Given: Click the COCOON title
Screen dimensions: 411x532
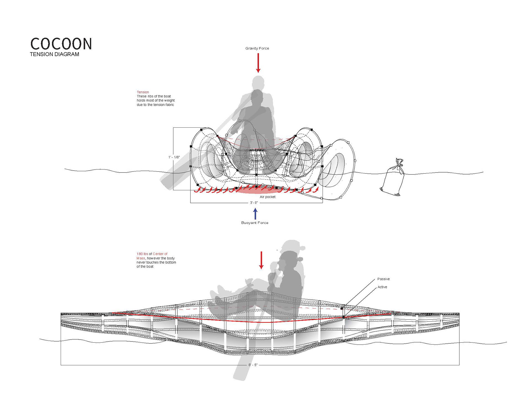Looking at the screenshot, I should click(61, 44).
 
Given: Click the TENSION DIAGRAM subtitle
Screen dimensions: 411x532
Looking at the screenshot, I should click(55, 54).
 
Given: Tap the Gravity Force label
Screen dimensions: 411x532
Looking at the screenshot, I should click(257, 48).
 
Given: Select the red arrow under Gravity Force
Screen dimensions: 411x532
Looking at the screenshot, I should click(258, 63).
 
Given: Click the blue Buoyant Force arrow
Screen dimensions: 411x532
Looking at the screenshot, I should click(255, 214).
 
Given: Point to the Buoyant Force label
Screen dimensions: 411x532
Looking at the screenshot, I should click(255, 223).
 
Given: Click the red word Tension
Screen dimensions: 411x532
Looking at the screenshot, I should click(143, 92).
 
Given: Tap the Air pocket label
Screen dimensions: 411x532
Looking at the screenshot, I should click(268, 197).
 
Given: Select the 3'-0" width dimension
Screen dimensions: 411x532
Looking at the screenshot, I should click(254, 203).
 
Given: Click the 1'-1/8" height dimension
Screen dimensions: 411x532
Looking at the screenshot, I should click(174, 157).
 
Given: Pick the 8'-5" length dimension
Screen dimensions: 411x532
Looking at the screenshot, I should click(253, 365).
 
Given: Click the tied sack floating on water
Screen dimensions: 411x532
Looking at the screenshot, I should click(393, 178).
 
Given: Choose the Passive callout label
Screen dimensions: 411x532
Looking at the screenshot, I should click(383, 279).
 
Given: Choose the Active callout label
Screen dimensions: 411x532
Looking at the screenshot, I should click(382, 287).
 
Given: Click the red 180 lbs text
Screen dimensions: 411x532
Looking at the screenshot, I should click(142, 254).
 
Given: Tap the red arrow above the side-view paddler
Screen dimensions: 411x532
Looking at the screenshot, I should click(261, 260).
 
